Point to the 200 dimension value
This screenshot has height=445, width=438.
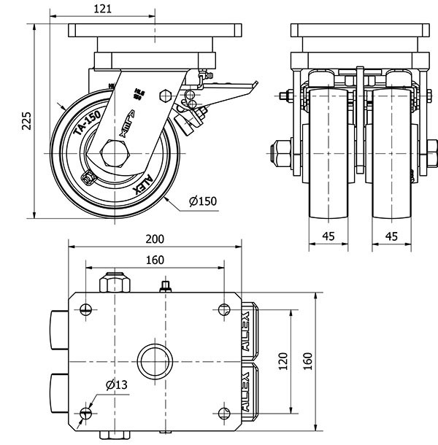(155, 239)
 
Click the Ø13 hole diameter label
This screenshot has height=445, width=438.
(116, 385)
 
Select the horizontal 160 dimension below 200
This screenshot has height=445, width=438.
(155, 260)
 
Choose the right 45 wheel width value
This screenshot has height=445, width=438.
(391, 236)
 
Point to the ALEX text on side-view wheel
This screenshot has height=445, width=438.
(142, 182)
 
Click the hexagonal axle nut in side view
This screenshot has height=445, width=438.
(115, 155)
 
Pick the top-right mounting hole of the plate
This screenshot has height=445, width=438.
(223, 309)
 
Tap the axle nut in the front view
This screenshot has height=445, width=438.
(280, 154)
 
